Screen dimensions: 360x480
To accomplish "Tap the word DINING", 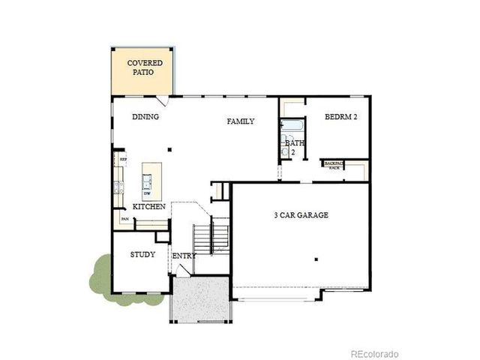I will click(x=145, y=117).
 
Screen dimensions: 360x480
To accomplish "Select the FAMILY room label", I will click(x=241, y=121).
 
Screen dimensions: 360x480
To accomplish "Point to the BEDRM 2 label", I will click(x=341, y=117).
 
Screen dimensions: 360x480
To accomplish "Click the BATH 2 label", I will click(x=293, y=147).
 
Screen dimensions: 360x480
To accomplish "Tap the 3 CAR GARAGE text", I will click(x=301, y=215).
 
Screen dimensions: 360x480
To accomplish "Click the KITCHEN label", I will click(x=149, y=206).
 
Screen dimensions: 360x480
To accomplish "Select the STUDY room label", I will click(x=142, y=254).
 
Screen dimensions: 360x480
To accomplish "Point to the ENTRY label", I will click(x=184, y=256).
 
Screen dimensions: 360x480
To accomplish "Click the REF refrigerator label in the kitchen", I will click(x=123, y=160).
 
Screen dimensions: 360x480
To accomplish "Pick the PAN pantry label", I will click(x=124, y=219).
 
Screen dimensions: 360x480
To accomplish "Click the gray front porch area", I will click(x=199, y=297).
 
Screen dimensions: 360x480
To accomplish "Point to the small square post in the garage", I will click(x=317, y=259).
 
